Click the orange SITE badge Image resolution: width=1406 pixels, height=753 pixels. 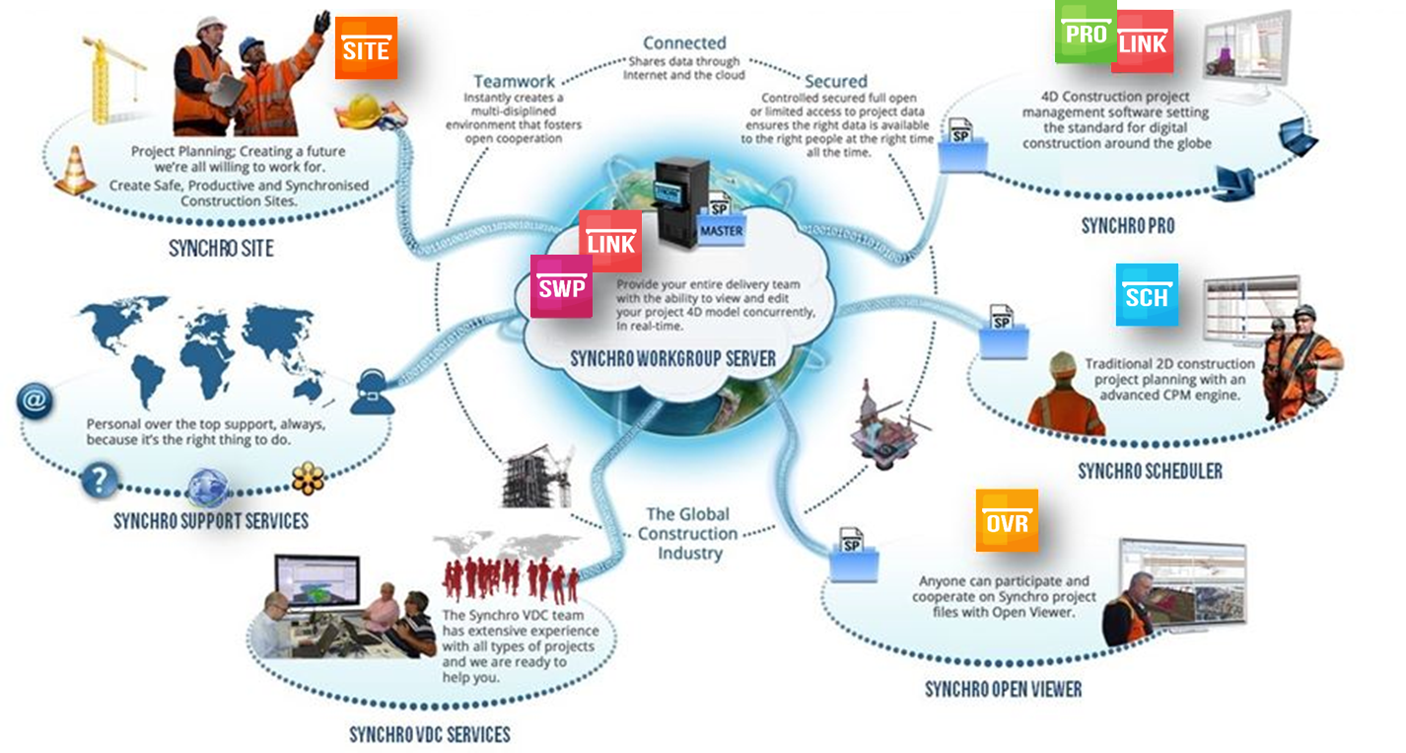click(366, 47)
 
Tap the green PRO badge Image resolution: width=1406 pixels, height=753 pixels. click(1086, 32)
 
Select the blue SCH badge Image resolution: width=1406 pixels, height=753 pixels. click(1147, 294)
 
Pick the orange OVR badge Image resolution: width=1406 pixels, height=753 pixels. click(1007, 520)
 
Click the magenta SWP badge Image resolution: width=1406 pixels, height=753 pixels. click(561, 286)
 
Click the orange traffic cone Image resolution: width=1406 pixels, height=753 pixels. click(74, 170)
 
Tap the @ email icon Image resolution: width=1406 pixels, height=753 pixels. click(35, 402)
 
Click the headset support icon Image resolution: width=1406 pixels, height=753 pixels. click(372, 393)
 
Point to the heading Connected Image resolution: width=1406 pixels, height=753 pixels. click(684, 43)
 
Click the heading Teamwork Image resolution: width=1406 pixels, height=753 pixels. click(514, 81)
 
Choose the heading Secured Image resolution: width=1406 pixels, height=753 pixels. click(835, 81)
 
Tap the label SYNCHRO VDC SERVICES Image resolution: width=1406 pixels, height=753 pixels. click(430, 734)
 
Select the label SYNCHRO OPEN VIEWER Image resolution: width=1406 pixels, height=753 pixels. click(1003, 689)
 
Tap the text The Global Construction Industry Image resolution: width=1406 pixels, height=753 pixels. click(688, 534)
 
